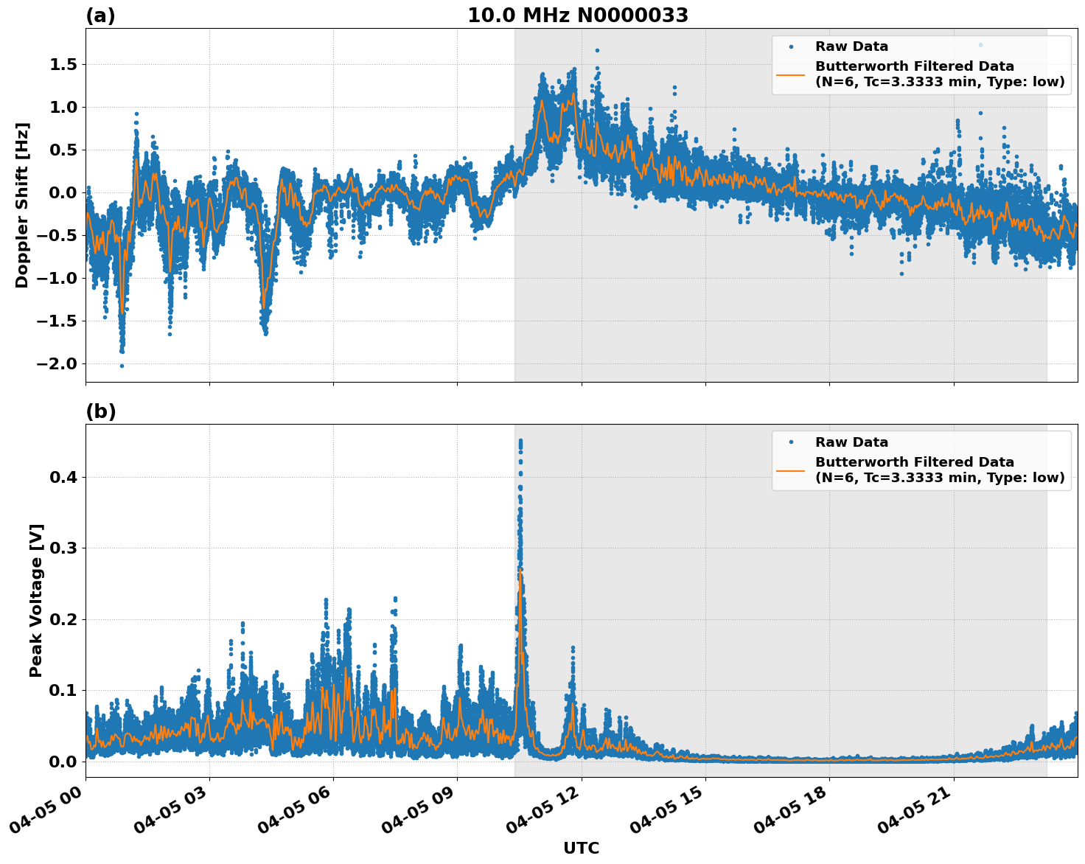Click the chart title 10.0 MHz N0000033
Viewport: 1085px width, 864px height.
pos(578,15)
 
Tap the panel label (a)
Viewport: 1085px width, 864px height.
pos(100,15)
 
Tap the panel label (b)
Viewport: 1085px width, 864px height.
pos(100,411)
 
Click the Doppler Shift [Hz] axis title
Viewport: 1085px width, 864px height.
pos(22,205)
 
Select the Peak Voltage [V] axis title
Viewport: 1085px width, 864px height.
pos(36,600)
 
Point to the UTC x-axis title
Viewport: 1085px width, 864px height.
pos(581,848)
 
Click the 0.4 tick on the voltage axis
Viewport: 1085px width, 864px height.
pos(63,478)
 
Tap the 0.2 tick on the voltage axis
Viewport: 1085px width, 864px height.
pos(63,620)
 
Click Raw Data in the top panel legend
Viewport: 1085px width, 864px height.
pos(851,46)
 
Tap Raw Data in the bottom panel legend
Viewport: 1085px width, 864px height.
pos(851,442)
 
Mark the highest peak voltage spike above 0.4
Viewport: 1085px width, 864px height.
pos(520,441)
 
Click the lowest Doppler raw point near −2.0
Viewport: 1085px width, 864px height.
pos(122,366)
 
